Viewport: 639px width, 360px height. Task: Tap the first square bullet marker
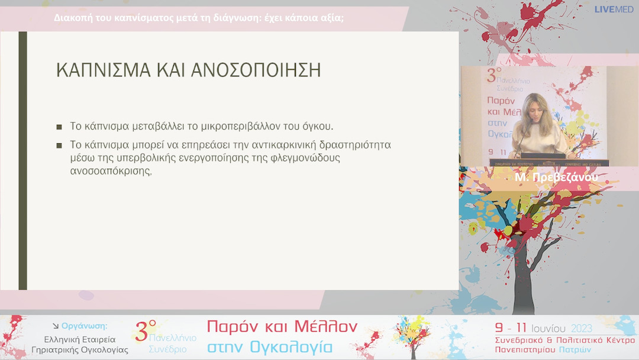[x=59, y=127]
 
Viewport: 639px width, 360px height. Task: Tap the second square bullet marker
[x=59, y=145]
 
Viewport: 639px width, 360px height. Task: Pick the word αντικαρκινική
[x=287, y=144]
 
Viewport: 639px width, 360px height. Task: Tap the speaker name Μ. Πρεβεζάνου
[x=556, y=178]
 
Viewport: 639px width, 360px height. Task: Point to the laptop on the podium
[x=543, y=156]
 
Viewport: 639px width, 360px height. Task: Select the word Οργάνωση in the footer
[x=85, y=326]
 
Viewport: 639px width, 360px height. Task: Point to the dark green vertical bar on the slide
[x=22, y=160]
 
